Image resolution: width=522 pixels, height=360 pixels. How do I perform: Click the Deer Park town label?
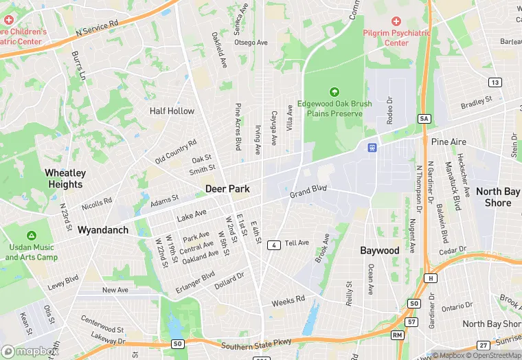(x=227, y=188)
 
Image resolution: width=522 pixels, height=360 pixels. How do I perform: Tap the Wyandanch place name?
(x=103, y=229)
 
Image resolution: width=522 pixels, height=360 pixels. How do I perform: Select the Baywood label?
(x=380, y=250)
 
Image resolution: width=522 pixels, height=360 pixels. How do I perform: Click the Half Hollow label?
(x=172, y=111)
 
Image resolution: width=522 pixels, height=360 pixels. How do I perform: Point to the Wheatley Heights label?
(x=65, y=179)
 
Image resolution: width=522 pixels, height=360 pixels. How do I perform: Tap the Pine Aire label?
(x=449, y=142)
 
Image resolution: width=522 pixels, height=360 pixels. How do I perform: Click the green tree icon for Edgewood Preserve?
(x=334, y=91)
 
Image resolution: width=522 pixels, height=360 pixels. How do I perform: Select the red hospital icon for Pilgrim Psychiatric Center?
(x=396, y=21)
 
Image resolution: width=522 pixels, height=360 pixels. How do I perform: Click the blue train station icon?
(x=372, y=147)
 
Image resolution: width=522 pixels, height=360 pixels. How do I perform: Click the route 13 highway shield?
(x=495, y=82)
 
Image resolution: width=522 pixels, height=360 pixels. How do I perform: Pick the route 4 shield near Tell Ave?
(x=273, y=245)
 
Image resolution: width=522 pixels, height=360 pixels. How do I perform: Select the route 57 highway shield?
(x=412, y=322)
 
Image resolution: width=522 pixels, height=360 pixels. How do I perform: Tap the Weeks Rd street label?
(x=288, y=300)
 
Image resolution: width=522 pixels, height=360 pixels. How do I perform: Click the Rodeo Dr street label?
(x=389, y=109)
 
